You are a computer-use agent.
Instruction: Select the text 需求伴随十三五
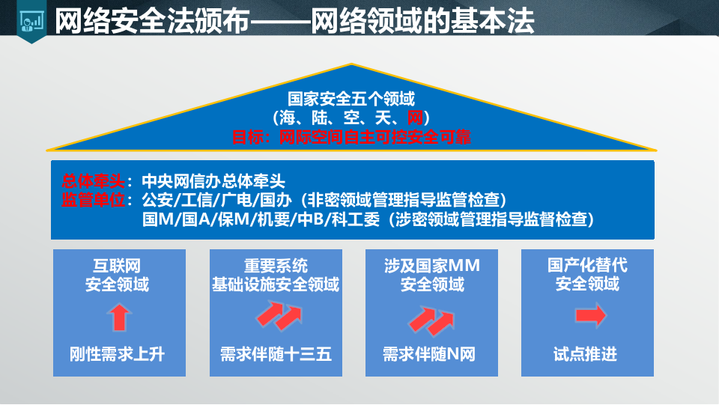pos(276,353)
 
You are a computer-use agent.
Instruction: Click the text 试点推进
pos(586,353)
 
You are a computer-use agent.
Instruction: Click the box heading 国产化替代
pos(587,266)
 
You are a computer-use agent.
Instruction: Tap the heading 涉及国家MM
pos(431,266)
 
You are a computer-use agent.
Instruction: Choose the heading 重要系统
pos(276,266)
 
